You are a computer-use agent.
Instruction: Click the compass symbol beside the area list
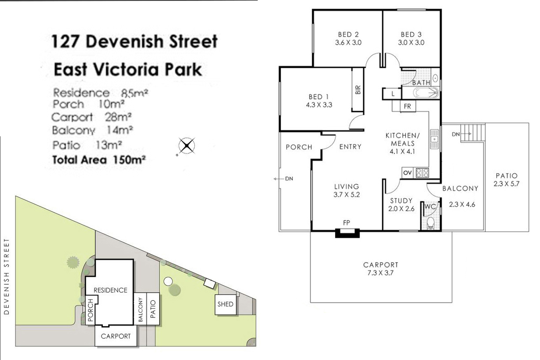pos(186,145)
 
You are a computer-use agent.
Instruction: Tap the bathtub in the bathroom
pos(426,93)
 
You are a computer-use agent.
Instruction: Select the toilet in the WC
pos(430,223)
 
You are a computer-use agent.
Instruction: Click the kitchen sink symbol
pos(434,139)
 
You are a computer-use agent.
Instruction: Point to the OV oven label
pos(407,173)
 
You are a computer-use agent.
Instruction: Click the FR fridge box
pos(408,106)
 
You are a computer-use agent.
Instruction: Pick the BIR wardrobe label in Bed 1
pos(358,90)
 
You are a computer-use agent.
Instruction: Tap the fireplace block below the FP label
pos(347,233)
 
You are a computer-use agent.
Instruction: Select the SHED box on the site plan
pos(226,304)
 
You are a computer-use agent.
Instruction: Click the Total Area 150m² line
pos(99,160)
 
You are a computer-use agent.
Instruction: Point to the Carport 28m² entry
pos(91,117)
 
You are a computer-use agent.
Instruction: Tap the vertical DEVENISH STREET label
pos(7,276)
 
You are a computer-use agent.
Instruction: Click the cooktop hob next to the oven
pos(422,173)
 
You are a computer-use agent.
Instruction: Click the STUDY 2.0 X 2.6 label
pos(401,204)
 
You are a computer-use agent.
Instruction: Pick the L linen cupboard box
pos(392,94)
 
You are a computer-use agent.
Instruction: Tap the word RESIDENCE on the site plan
pos(110,290)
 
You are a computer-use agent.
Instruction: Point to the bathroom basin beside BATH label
pos(435,78)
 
